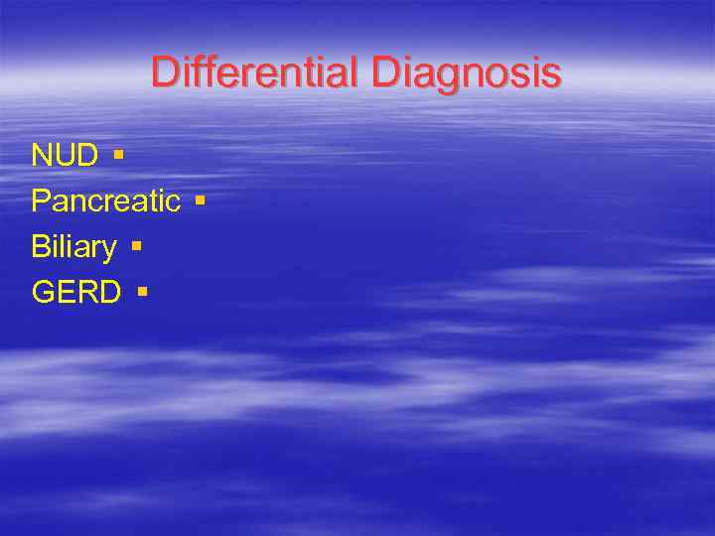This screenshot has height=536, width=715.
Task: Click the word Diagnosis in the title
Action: click(467, 72)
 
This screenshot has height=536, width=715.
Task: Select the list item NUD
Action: click(65, 156)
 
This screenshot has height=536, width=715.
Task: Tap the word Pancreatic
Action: click(105, 201)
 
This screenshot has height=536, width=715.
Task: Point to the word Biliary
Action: click(73, 247)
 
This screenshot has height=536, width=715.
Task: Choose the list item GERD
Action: click(76, 293)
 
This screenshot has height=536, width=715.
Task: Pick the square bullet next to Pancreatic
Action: click(201, 201)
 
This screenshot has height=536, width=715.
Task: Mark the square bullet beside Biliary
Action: click(136, 245)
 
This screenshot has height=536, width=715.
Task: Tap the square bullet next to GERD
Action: click(143, 292)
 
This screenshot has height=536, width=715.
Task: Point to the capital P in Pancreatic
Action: click(41, 201)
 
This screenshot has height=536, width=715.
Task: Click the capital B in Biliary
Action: click(41, 247)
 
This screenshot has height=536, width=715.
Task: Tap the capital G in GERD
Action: click(43, 293)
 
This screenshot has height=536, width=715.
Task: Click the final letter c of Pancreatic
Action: click(173, 202)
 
